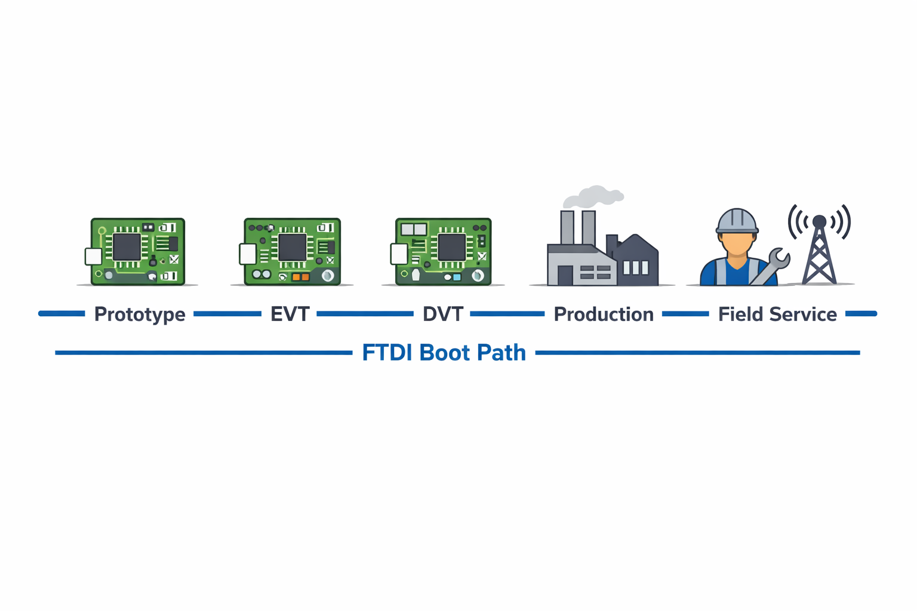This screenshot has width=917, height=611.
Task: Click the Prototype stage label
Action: (x=140, y=314)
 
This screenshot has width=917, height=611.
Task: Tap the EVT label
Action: (x=290, y=314)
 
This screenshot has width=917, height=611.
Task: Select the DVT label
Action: (x=442, y=314)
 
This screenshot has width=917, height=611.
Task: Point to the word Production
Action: (x=604, y=314)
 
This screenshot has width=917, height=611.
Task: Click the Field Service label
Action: (x=777, y=314)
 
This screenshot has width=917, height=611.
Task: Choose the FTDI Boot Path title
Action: (x=444, y=353)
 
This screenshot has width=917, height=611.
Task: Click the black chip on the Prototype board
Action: (x=127, y=246)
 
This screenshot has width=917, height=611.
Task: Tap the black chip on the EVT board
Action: (x=292, y=247)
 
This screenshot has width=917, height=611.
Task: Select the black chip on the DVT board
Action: (x=451, y=246)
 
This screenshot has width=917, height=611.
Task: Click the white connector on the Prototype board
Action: (x=94, y=257)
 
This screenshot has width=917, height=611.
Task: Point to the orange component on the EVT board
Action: (x=300, y=277)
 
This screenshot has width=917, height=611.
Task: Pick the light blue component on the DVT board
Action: (x=457, y=277)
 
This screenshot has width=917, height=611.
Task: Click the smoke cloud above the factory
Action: (x=593, y=196)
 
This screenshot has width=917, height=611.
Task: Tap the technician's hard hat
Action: (x=737, y=221)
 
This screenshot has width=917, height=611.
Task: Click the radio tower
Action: (x=819, y=251)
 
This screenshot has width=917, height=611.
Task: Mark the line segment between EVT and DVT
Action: (x=365, y=314)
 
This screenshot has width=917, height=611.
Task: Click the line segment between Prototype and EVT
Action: (x=227, y=314)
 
